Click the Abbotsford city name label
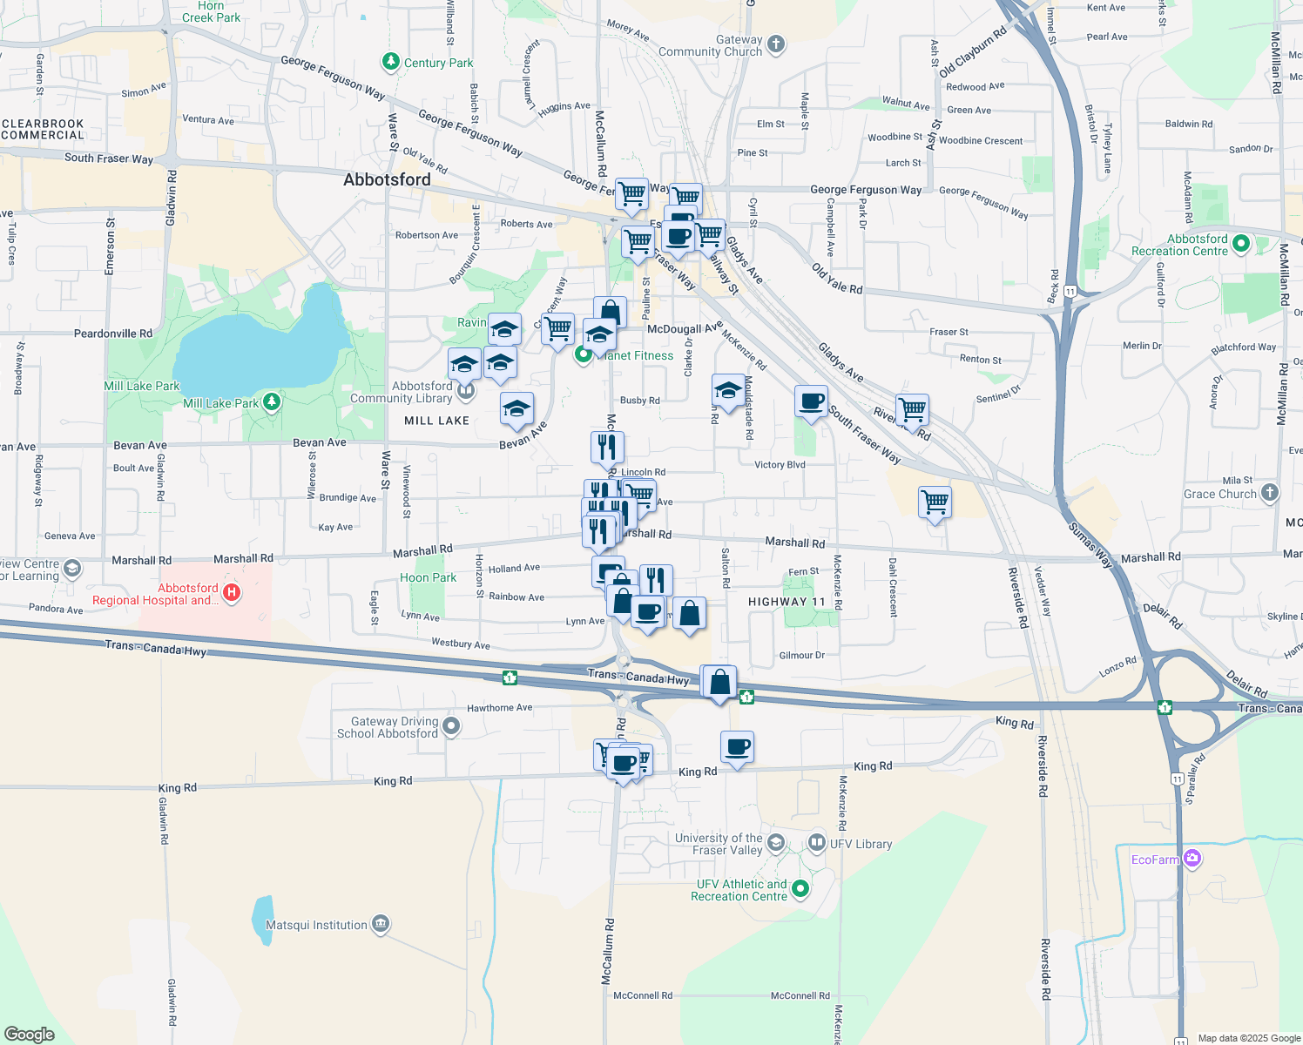point(387,179)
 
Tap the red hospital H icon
point(232,593)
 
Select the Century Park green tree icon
point(391,62)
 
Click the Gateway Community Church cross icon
point(776,44)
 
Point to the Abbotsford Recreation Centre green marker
point(1241,245)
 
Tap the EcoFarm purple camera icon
point(1192,859)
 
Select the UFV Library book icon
point(817,842)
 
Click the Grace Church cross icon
point(1270,493)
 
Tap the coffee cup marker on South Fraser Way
point(811,402)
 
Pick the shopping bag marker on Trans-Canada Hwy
point(720,683)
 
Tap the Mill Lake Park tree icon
point(273,401)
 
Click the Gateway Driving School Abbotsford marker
point(450,725)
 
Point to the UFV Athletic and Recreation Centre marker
point(800,889)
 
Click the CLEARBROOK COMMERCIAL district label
point(43,129)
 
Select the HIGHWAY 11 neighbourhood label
point(787,602)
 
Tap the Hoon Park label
point(428,577)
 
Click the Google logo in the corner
point(30,1035)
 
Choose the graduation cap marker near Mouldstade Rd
point(727,389)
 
